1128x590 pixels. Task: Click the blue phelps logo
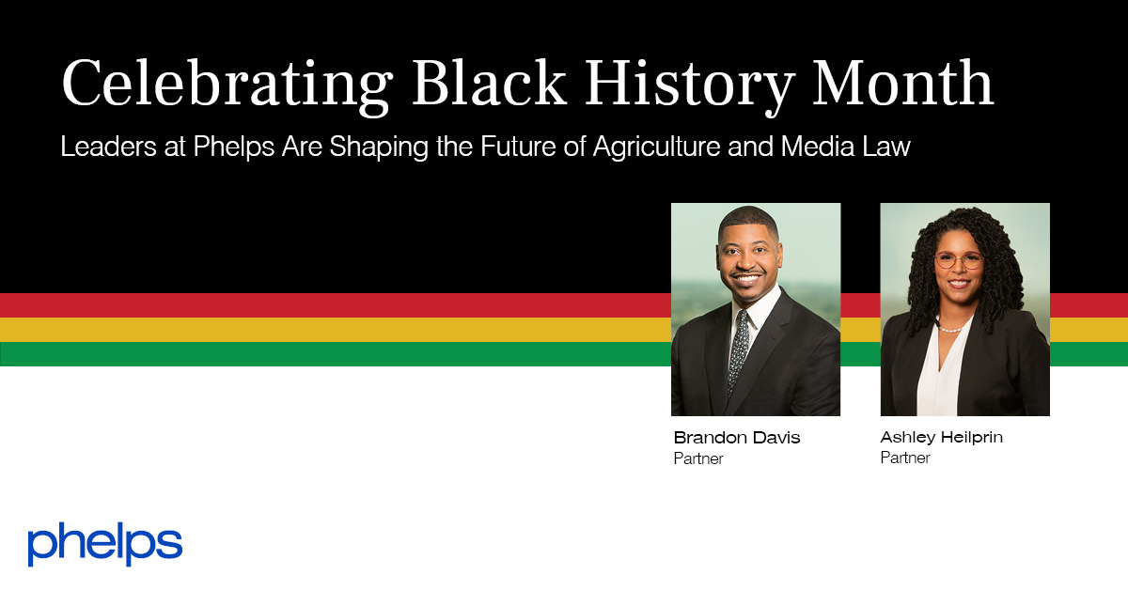tap(104, 544)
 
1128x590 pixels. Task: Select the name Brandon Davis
tap(737, 438)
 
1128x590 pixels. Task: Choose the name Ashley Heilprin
tap(942, 438)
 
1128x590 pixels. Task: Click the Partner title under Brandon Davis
tap(698, 459)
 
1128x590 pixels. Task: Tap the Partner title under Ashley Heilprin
tap(905, 458)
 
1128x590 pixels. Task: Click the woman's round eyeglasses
tap(957, 260)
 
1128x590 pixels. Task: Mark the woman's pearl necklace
tap(952, 328)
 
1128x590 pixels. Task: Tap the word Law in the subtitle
tap(889, 147)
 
